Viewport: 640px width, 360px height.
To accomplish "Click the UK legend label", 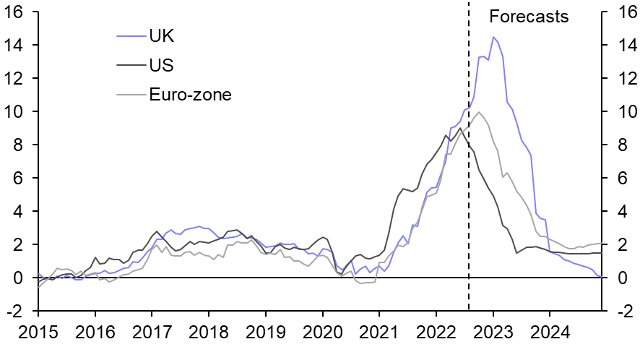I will [x=161, y=35].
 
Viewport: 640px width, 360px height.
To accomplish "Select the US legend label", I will [x=161, y=64].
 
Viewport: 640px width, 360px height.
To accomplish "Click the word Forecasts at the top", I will [x=529, y=17].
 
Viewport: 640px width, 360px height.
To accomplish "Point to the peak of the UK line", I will [x=493, y=37].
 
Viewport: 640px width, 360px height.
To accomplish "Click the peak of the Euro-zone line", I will [x=478, y=112].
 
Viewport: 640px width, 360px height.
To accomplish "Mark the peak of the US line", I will [x=460, y=128].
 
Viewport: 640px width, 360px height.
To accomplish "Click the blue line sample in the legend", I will [x=130, y=35].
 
